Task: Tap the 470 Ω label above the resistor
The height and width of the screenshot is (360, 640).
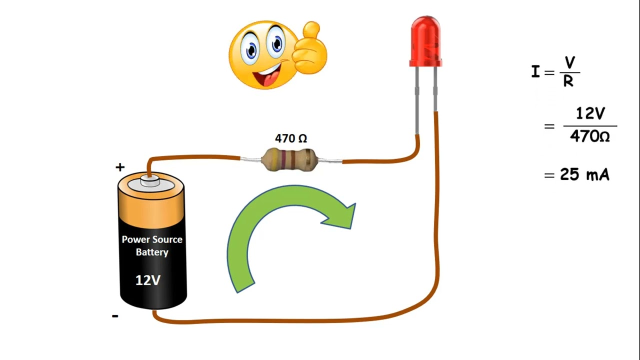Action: coord(291,138)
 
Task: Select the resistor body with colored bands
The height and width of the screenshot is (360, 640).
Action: coord(289,160)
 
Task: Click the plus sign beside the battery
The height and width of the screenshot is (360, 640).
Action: coord(120,167)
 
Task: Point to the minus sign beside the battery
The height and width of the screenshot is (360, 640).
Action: coord(115,315)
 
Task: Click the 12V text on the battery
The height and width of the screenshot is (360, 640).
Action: coord(148,280)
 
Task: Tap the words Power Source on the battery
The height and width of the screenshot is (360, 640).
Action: coord(152,239)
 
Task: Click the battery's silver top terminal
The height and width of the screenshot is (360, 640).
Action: coord(150,181)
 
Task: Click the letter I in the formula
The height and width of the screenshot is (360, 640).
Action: coord(535,71)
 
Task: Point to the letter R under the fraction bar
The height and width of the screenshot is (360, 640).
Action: coord(568,81)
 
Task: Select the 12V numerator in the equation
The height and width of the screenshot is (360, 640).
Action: coord(590,113)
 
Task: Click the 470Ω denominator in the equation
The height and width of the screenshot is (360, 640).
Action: coord(590,136)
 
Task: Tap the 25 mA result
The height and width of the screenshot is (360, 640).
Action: coord(584,174)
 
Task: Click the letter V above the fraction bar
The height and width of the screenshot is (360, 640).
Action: coord(569,62)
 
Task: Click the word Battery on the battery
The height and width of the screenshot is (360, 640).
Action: coord(152,252)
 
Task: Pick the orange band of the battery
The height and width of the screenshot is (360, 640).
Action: coord(151,210)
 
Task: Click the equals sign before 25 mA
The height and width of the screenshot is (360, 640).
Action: coord(549,175)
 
